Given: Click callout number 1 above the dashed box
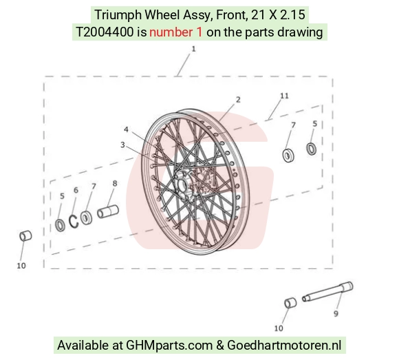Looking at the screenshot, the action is [193, 49].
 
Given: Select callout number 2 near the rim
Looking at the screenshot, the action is [238, 100].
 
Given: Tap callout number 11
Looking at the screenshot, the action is [285, 96].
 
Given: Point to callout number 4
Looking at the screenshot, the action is [126, 129].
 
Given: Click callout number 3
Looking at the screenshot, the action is [122, 145].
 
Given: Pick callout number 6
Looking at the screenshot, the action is [76, 190].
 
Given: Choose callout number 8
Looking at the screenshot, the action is [115, 183].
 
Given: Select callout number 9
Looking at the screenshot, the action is [336, 314].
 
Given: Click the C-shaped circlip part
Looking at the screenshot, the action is [72, 222].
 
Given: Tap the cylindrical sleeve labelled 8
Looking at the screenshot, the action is [108, 211].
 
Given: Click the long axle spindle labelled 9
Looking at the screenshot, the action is [327, 292].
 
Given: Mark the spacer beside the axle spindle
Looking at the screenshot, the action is [290, 303].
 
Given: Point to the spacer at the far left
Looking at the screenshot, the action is [25, 236].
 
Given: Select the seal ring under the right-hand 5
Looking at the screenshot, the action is [311, 149].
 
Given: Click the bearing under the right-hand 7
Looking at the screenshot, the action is [288, 156].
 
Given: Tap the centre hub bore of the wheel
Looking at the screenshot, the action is [182, 185].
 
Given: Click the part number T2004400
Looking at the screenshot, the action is [105, 32].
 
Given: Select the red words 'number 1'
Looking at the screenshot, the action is [176, 32].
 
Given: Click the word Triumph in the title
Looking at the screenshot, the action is [118, 15].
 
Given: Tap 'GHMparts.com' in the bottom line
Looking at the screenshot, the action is [169, 346].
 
